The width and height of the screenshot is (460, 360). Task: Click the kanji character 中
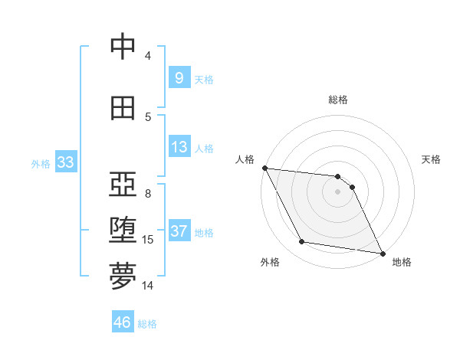[x=123, y=47]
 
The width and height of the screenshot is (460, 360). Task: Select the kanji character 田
[x=123, y=108]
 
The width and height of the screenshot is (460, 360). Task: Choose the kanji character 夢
[x=123, y=277]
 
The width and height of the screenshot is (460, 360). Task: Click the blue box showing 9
[x=179, y=78]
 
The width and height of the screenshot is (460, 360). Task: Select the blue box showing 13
[x=179, y=147]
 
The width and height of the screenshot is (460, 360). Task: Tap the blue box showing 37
[x=179, y=231]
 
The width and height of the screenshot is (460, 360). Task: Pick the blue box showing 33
[x=65, y=162]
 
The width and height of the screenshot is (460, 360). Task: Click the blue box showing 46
[x=123, y=322]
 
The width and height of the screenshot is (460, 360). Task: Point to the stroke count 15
[x=148, y=240]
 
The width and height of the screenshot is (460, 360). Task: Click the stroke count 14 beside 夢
[x=148, y=286]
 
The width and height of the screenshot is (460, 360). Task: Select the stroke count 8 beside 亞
[x=148, y=194]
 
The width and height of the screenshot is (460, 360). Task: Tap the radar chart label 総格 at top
[x=338, y=100]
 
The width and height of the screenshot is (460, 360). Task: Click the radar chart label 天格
[x=432, y=159]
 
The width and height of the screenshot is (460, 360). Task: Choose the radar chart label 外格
[x=270, y=263]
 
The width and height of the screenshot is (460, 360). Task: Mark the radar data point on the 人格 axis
[x=264, y=168]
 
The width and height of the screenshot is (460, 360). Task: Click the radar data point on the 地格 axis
[x=382, y=252]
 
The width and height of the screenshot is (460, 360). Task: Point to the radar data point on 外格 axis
[x=302, y=242]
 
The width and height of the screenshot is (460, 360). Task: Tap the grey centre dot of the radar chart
[x=338, y=191]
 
